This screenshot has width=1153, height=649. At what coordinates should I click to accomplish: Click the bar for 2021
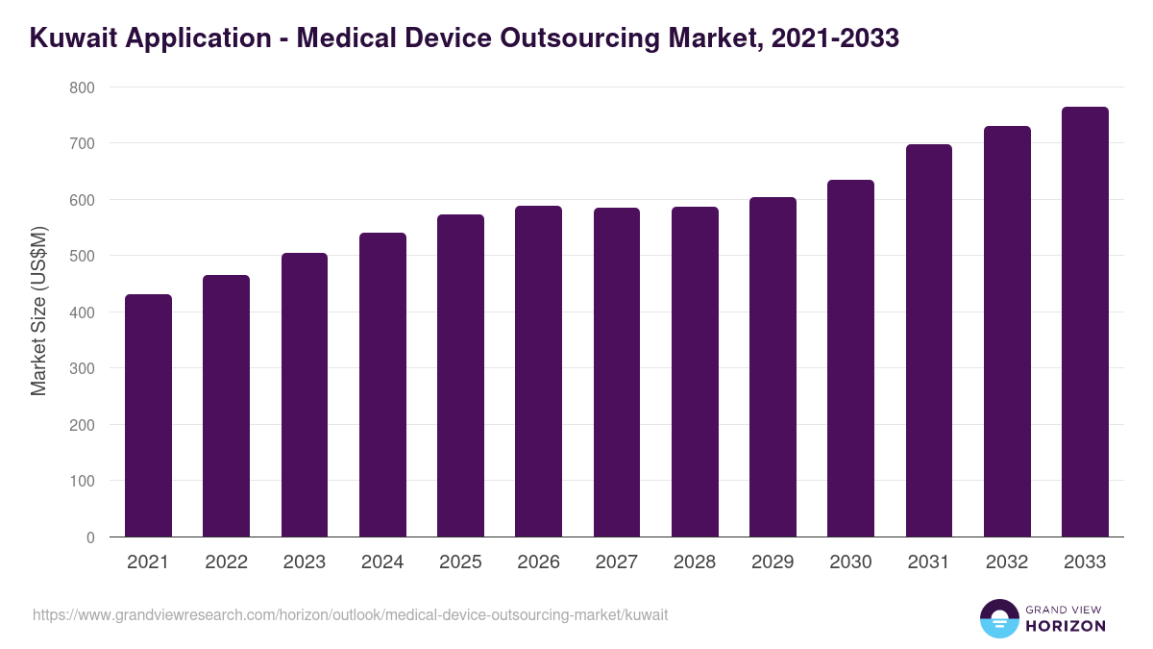click(148, 415)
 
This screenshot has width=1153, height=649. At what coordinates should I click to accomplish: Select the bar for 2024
click(382, 385)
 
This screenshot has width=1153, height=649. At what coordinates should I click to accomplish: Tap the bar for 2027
click(616, 372)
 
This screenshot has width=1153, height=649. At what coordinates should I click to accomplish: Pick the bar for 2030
click(850, 358)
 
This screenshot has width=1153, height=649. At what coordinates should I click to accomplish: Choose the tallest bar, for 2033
click(1085, 322)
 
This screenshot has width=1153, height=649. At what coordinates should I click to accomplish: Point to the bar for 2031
click(928, 340)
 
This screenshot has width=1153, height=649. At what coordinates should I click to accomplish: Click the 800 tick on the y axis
click(82, 87)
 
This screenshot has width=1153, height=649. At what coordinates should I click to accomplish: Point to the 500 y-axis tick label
click(82, 256)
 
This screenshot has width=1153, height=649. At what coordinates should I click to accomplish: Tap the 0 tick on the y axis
click(89, 537)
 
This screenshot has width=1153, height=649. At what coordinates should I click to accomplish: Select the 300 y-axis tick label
click(82, 368)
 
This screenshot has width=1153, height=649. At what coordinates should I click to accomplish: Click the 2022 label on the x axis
click(226, 562)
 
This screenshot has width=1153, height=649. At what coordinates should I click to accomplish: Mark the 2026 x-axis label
click(538, 562)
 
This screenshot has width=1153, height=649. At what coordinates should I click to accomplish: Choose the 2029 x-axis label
click(773, 562)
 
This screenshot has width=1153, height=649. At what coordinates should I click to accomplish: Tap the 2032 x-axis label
click(1006, 562)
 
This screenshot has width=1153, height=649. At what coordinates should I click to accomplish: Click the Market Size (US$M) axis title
click(38, 312)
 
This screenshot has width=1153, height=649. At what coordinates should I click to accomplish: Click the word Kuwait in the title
click(73, 38)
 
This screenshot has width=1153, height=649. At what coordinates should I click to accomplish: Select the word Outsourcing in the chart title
click(570, 38)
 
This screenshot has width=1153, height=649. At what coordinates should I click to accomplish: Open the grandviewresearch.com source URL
click(350, 614)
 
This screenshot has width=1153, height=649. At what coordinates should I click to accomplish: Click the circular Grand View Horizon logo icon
click(998, 618)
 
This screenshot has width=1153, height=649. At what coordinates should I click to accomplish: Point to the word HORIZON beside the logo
click(1066, 626)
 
